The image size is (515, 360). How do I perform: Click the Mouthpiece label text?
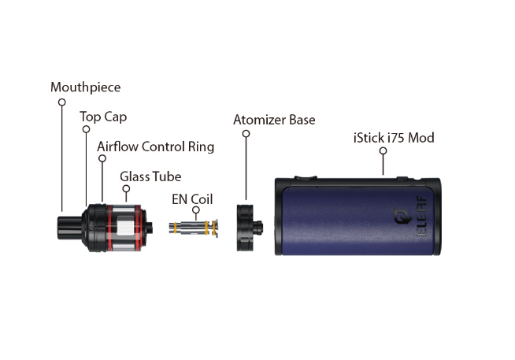tap(85, 87)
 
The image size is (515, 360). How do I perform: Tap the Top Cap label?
tap(103, 117)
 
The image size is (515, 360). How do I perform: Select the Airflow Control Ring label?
tap(155, 147)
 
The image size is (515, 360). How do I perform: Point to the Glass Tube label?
tap(150, 176)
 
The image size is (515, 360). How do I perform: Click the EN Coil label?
tap(192, 199)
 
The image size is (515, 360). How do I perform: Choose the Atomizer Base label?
tap(274, 120)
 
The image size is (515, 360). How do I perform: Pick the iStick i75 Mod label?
tap(394, 139)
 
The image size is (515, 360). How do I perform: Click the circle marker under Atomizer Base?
tap(246, 135)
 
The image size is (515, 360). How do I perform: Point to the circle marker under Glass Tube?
tap(125, 191)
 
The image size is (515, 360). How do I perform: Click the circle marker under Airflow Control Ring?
tap(102, 160)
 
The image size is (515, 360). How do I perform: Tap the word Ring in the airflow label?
tap(200, 147)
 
